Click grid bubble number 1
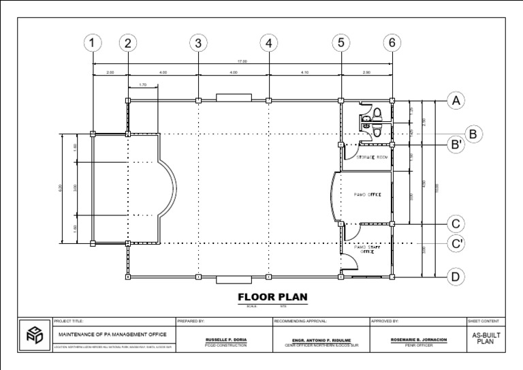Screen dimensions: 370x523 (x=93, y=44)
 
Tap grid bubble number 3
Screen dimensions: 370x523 (x=198, y=44)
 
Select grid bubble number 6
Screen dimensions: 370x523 (x=392, y=44)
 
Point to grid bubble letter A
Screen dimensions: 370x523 (x=456, y=101)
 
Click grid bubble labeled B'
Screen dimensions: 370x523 (x=456, y=145)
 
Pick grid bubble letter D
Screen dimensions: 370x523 (x=456, y=277)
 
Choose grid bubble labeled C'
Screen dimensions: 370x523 (x=456, y=243)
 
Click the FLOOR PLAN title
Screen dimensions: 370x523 (x=272, y=297)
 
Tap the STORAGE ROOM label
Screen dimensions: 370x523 (x=373, y=157)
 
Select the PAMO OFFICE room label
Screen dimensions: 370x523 (x=368, y=195)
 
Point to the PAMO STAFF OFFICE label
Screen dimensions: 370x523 (x=368, y=250)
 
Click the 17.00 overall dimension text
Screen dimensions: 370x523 (x=242, y=62)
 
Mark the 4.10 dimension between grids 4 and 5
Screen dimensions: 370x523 (x=304, y=72)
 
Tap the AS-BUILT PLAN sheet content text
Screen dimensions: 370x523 (x=484, y=339)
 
